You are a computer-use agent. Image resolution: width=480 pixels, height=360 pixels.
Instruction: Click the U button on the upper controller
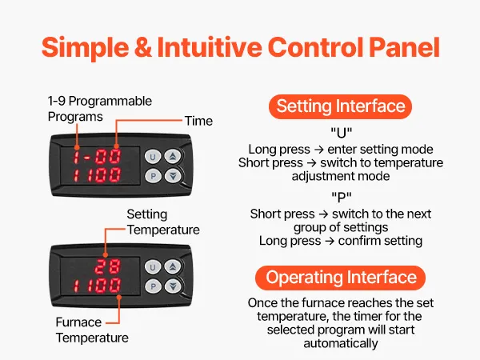[x=153, y=157]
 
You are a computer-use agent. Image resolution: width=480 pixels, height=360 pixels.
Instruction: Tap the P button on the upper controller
[x=153, y=176]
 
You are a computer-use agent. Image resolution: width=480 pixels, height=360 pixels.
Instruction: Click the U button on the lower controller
[x=153, y=267]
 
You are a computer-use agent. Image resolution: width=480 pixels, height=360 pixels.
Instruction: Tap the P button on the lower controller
[x=153, y=286]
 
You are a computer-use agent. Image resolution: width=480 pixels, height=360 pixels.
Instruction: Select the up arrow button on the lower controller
[x=173, y=267]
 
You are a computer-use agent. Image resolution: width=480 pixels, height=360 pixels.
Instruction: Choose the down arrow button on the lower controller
[x=173, y=286]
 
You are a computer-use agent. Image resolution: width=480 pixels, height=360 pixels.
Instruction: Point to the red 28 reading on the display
[x=107, y=266]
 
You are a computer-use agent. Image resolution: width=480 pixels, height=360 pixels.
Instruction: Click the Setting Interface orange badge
[x=341, y=106]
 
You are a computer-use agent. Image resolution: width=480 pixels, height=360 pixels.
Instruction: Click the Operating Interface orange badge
[x=341, y=278]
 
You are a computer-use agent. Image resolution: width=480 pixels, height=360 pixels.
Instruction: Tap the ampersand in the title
[x=143, y=47]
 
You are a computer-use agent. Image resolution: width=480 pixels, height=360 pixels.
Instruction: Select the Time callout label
[x=198, y=121]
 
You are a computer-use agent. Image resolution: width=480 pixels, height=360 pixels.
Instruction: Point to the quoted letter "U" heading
[x=342, y=133]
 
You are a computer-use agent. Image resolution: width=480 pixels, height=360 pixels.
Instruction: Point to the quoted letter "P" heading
[x=342, y=197]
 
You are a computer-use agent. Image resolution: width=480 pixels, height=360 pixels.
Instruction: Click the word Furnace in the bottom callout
[x=78, y=322]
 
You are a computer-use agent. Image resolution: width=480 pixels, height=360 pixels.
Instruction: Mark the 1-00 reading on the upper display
[x=97, y=157]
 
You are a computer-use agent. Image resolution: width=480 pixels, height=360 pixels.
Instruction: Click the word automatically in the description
[x=341, y=343]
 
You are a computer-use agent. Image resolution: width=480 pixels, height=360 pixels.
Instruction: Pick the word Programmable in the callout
[x=110, y=102]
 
